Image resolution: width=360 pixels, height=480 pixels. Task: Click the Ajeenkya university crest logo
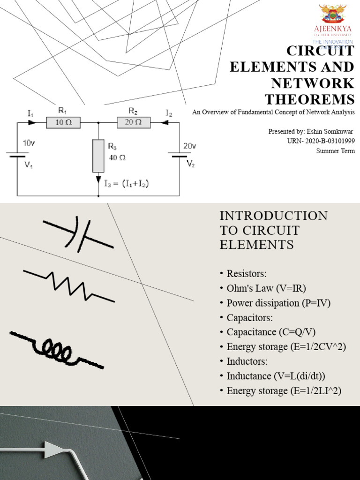click(x=332, y=15)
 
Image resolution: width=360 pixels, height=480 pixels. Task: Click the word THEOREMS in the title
click(x=310, y=99)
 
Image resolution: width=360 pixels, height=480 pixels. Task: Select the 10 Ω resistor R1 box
click(x=63, y=123)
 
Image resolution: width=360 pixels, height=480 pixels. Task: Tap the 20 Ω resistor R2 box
click(x=133, y=123)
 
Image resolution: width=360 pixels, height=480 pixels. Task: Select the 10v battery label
click(x=28, y=143)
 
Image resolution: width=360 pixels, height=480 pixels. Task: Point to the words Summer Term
click(x=335, y=151)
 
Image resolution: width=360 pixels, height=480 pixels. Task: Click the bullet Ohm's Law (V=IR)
click(x=266, y=288)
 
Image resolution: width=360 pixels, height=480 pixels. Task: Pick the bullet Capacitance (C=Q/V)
click(x=271, y=332)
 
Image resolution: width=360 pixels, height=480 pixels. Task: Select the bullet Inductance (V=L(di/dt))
click(x=276, y=376)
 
